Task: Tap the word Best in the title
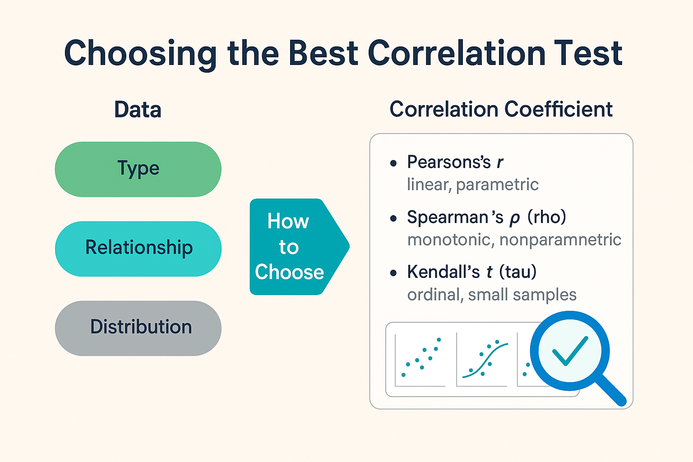click(x=323, y=53)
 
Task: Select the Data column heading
click(x=138, y=110)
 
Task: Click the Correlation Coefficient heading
click(x=501, y=109)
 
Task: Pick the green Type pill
click(x=138, y=169)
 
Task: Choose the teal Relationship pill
click(x=138, y=248)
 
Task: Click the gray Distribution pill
click(x=138, y=328)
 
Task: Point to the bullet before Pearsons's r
click(x=393, y=163)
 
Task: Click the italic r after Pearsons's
click(x=500, y=162)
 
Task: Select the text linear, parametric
click(x=472, y=185)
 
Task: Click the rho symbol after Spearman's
click(x=514, y=219)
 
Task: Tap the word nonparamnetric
click(x=560, y=240)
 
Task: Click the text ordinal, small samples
click(x=492, y=295)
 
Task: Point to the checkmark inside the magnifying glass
click(x=570, y=351)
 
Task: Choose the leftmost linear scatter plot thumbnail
click(x=420, y=360)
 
